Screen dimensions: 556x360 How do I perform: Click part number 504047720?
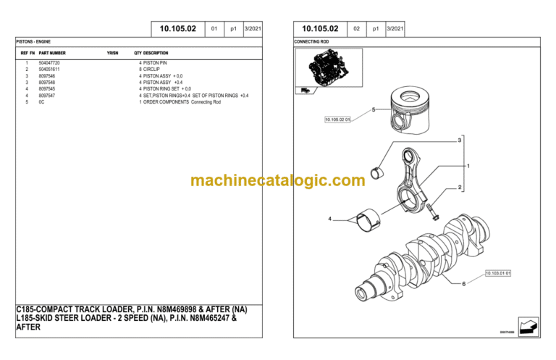[49, 63]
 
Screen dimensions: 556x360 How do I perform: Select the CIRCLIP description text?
[151, 69]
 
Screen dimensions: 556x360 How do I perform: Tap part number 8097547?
[47, 96]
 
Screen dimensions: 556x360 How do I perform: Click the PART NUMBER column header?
[52, 53]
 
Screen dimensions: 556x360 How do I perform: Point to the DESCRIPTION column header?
[156, 53]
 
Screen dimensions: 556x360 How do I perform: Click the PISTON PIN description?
[155, 63]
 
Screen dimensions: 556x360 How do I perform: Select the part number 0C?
[41, 102]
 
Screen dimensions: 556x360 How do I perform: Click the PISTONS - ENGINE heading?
[33, 41]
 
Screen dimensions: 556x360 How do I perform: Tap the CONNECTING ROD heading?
[311, 41]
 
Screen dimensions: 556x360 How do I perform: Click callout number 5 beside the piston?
[374, 110]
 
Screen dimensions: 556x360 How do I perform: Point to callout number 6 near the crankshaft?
[463, 284]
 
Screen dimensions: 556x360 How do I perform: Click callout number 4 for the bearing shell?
[330, 219]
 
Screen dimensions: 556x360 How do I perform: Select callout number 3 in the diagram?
[460, 140]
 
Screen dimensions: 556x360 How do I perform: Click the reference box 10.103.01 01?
[498, 273]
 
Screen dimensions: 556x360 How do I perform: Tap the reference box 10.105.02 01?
[337, 120]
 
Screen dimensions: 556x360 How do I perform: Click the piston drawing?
[410, 110]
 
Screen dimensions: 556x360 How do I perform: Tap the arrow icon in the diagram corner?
[528, 327]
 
